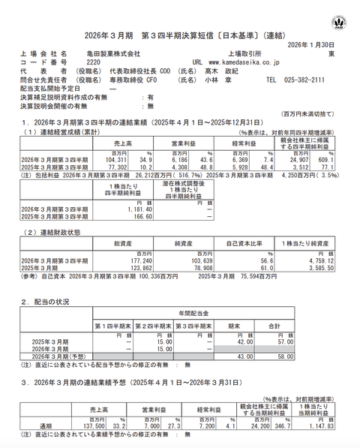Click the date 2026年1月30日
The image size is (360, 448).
pyautogui.click(x=310, y=43)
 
